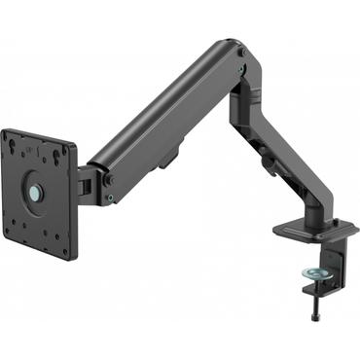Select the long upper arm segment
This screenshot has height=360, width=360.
point(165,117)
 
